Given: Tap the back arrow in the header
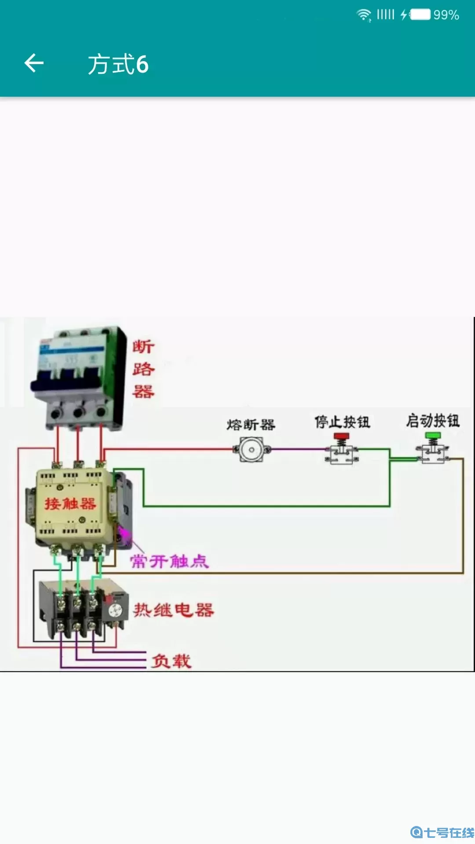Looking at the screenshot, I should (34, 63).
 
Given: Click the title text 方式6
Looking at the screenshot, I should (118, 64).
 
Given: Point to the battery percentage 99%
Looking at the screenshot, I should (446, 15).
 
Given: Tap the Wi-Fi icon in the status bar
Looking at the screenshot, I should (364, 15).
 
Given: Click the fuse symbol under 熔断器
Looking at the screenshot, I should (252, 449).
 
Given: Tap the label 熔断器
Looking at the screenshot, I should (251, 425).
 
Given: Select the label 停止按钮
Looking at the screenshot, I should (342, 422).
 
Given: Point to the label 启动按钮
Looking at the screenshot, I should (433, 421).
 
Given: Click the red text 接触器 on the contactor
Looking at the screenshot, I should (70, 503).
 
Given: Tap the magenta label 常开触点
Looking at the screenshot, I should (169, 561).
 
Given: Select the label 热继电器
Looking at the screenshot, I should (174, 610).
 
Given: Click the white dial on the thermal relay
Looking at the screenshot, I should (115, 610).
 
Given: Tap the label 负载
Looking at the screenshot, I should (171, 661).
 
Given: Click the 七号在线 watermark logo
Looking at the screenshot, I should (442, 832).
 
